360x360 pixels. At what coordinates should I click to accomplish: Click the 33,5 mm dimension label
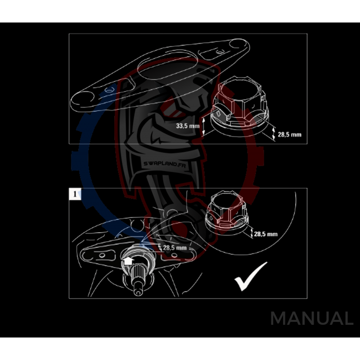187,126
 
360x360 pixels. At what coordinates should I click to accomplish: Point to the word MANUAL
312,319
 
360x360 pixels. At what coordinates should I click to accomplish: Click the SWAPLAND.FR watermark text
160,166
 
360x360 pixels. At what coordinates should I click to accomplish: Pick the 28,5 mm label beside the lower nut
266,234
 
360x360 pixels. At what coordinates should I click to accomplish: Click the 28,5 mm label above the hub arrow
175,247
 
